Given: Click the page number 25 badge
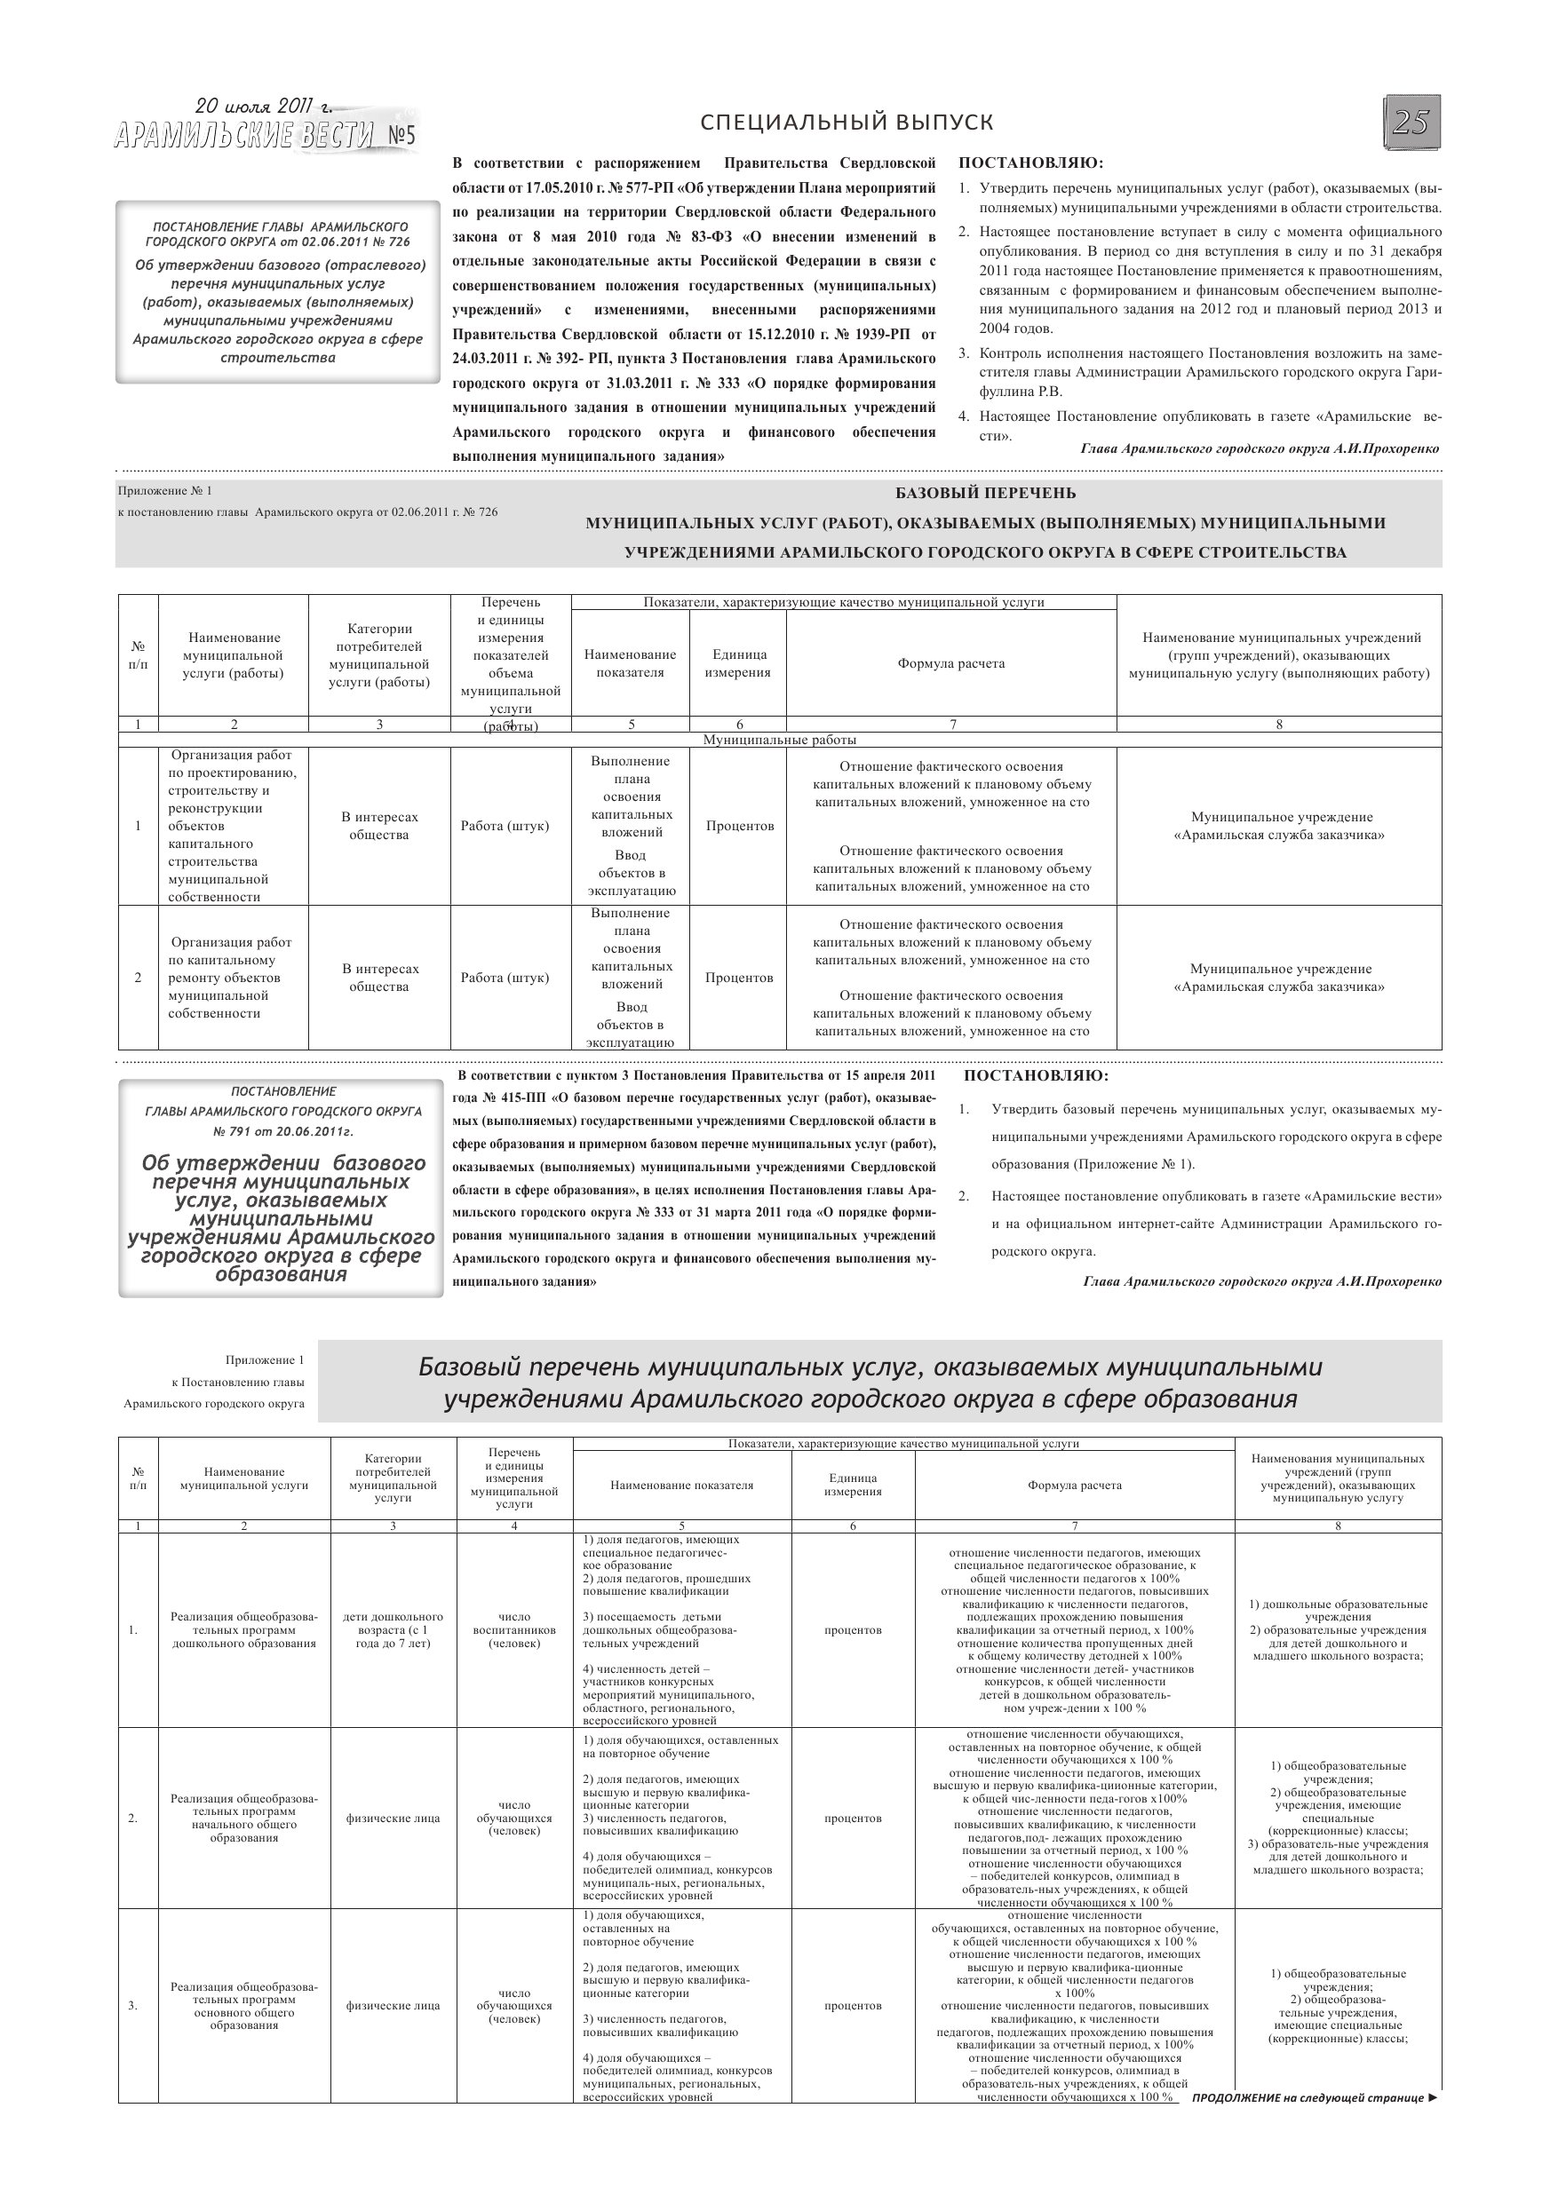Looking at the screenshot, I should [1411, 123].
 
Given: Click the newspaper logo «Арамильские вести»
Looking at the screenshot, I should [265, 135].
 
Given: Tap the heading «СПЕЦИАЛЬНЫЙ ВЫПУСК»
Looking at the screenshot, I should [847, 123].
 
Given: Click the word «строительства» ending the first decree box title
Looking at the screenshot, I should [278, 358].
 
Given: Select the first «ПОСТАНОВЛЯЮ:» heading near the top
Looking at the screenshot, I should [1031, 163].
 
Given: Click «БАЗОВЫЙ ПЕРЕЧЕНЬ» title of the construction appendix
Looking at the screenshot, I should [985, 493].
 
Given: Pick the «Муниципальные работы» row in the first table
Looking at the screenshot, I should [780, 740].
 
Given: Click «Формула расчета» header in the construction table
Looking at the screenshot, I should [951, 663].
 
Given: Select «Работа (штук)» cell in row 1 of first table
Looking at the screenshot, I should [505, 825].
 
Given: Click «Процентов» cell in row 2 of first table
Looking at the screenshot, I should [738, 978].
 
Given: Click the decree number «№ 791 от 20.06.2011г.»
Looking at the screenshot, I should [283, 1131].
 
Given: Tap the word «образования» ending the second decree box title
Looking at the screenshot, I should [282, 1275].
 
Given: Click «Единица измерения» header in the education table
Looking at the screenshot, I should [853, 1485].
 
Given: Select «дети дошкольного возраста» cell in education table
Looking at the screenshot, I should [393, 1629].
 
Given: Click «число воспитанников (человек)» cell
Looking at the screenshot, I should [514, 1629].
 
